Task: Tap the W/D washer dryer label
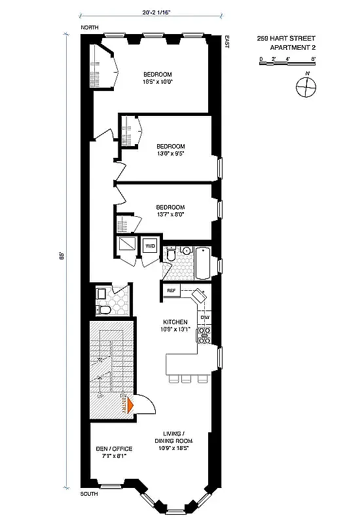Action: [x=151, y=246]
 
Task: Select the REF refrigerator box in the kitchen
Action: [x=171, y=290]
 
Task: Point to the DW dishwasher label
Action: [x=204, y=318]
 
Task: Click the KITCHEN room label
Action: [x=176, y=322]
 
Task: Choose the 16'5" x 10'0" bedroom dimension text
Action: [x=158, y=83]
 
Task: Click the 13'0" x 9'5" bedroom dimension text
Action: [x=170, y=155]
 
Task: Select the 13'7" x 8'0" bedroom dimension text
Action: [x=170, y=214]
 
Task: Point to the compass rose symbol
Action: [x=306, y=86]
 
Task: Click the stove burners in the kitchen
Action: [x=204, y=335]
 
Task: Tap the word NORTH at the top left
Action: [x=90, y=28]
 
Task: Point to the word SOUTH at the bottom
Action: [x=90, y=493]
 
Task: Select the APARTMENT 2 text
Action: [x=286, y=47]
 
